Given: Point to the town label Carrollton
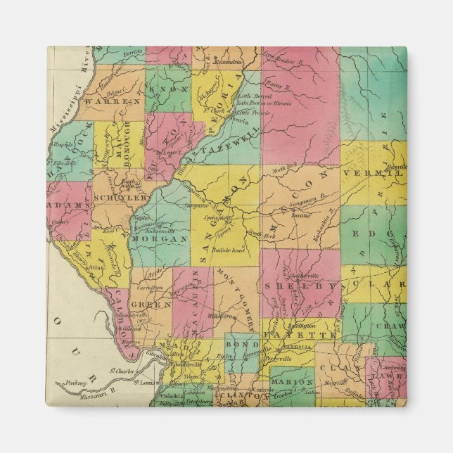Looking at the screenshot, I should (x=151, y=288).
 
